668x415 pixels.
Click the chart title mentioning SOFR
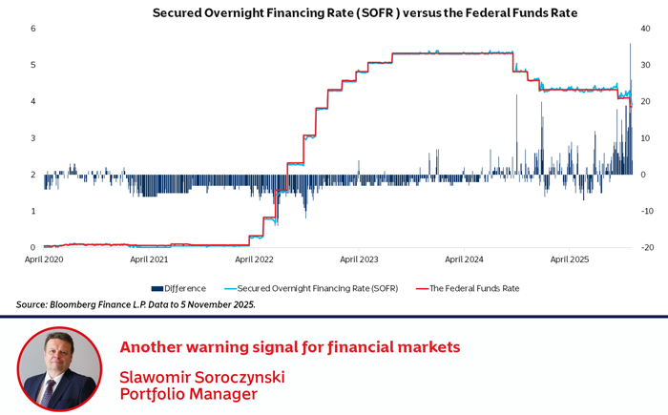[365, 13]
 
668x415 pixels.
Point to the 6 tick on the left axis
[33, 29]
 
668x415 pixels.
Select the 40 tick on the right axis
[645, 29]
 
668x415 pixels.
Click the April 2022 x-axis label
[254, 259]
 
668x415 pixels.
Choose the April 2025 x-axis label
[569, 259]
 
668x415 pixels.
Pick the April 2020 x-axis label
[44, 259]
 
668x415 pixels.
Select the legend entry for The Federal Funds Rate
[473, 287]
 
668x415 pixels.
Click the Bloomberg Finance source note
[136, 304]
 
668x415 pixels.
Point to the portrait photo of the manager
[59, 369]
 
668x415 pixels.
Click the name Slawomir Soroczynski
[202, 376]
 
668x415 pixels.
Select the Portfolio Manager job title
[189, 393]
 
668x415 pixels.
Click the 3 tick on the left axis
[33, 138]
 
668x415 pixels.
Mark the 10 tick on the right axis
[645, 138]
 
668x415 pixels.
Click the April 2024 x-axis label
[464, 259]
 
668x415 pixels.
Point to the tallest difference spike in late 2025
[630, 57]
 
